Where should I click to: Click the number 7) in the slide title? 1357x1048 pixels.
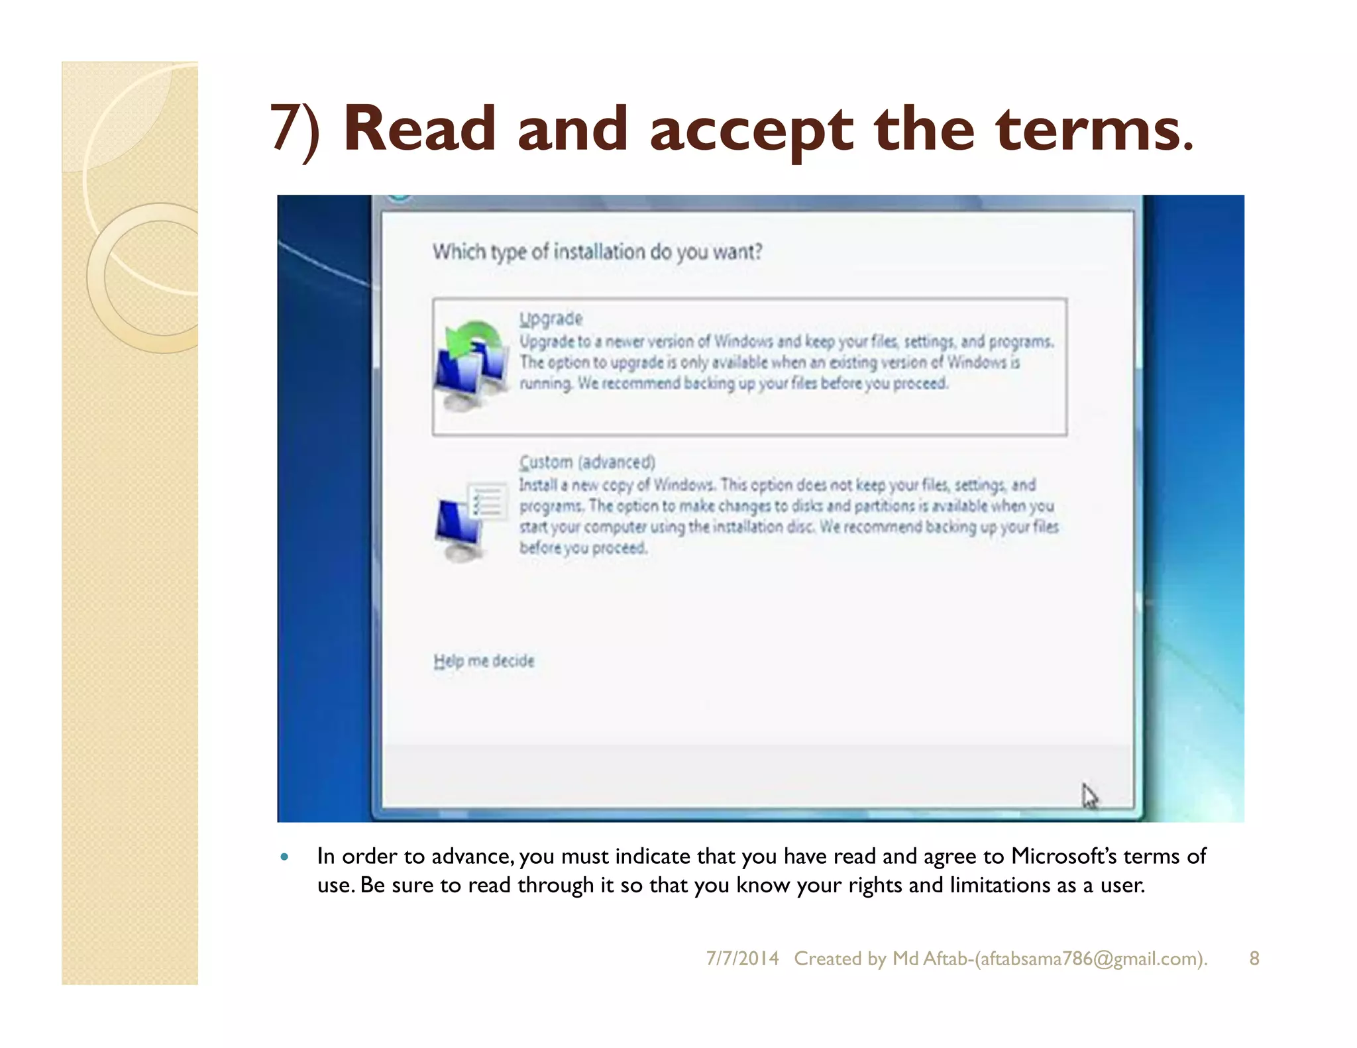pos(295,129)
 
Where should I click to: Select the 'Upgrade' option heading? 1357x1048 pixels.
pos(551,319)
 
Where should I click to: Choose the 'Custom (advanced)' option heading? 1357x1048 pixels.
pos(587,462)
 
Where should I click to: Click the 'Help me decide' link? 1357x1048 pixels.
pos(484,660)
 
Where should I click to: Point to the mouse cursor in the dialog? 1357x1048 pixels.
pos(1089,795)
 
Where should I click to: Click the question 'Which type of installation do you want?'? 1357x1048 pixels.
pos(597,252)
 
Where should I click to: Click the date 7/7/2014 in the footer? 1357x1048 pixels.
pos(742,959)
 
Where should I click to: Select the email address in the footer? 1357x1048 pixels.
pos(1090,959)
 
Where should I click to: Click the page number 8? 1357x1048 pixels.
pos(1254,959)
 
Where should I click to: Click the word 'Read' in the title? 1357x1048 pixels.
pos(419,129)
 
